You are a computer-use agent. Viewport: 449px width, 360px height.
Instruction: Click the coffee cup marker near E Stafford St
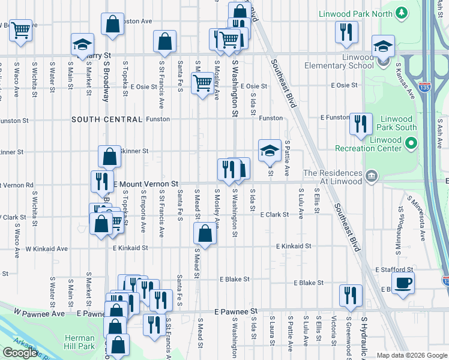(x=403, y=282)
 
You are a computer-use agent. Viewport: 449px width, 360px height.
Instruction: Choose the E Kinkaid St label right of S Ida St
(x=294, y=246)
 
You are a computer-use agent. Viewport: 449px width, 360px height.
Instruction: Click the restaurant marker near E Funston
(x=361, y=124)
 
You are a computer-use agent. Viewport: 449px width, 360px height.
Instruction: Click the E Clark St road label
(x=274, y=214)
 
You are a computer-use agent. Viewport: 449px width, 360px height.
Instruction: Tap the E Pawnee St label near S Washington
(x=236, y=312)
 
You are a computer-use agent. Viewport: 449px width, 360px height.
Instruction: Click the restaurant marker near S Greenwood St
(x=351, y=295)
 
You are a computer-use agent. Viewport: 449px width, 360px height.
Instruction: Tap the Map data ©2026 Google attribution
(x=411, y=355)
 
